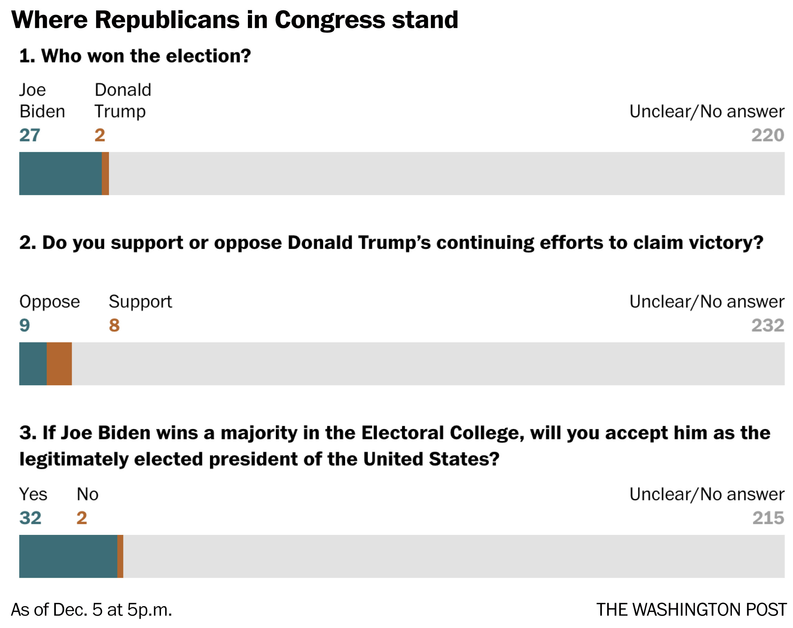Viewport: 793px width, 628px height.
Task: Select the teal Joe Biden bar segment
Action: click(60, 173)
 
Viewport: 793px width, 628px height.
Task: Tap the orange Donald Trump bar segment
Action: click(105, 173)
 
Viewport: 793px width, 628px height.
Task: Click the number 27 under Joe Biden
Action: click(29, 135)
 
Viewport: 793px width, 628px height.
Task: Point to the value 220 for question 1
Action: click(767, 135)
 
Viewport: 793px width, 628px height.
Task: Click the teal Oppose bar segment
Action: click(33, 363)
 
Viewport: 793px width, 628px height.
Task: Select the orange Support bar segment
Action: click(59, 363)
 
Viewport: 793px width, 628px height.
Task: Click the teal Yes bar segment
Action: click(68, 556)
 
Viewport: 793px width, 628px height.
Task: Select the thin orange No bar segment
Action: click(120, 556)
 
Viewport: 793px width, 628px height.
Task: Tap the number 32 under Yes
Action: click(30, 518)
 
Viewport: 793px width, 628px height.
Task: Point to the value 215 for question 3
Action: click(768, 518)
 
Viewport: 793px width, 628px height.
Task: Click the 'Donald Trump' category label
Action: click(122, 100)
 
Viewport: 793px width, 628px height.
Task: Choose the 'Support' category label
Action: click(140, 302)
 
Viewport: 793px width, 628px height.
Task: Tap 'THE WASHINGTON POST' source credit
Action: click(691, 610)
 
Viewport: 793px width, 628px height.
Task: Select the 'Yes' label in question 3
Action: click(33, 495)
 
